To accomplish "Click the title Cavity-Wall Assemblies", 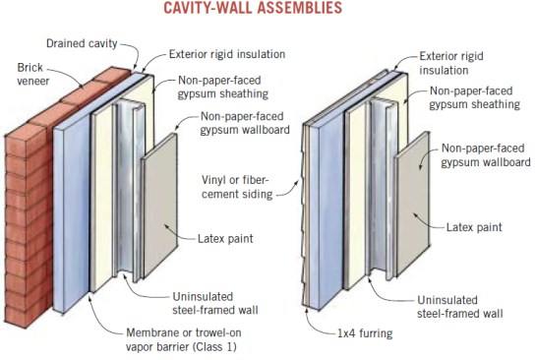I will pyautogui.click(x=267, y=9).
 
